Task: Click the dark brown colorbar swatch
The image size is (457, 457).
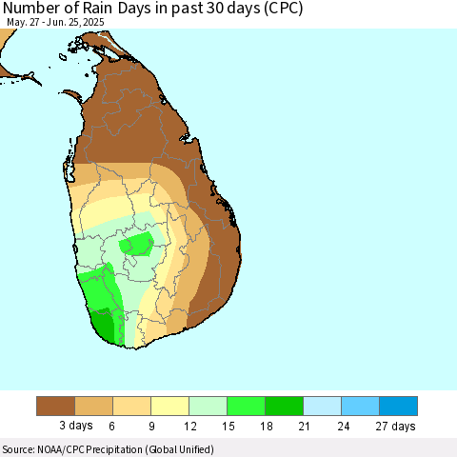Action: [56, 406]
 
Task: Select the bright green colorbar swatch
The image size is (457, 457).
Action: [247, 406]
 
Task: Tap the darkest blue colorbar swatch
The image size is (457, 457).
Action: [399, 406]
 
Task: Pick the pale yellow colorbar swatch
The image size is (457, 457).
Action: [170, 406]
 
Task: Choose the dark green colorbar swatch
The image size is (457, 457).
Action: [285, 406]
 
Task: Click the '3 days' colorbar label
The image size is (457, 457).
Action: [76, 426]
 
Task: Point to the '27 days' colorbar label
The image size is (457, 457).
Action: [395, 426]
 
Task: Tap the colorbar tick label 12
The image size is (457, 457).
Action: [190, 426]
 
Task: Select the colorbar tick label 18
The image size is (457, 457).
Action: [267, 426]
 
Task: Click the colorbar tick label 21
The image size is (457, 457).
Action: [304, 426]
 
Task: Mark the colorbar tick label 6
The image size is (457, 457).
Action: [111, 426]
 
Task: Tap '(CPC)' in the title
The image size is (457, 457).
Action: [282, 9]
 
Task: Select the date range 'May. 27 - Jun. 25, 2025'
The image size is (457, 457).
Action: [55, 22]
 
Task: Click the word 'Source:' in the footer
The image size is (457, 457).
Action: [18, 449]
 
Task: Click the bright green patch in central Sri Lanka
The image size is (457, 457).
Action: [136, 244]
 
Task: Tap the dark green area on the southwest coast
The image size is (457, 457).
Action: [104, 326]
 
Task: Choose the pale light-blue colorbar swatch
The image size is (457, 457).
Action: [323, 406]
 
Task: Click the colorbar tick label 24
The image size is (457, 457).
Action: [344, 426]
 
